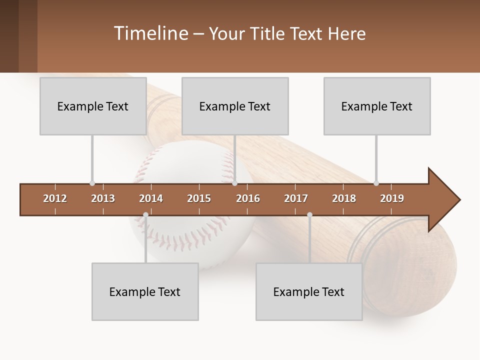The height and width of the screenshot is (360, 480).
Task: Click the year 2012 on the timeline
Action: [55, 198]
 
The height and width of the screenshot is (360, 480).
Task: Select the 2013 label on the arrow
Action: [103, 198]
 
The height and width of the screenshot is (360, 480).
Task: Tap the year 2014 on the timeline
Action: [151, 198]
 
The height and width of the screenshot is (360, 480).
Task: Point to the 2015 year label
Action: [199, 198]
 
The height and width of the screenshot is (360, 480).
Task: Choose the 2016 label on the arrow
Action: [248, 198]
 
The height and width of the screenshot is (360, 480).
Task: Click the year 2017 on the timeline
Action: [296, 198]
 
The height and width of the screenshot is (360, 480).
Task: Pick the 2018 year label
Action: [344, 198]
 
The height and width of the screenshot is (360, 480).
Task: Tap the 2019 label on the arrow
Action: [392, 198]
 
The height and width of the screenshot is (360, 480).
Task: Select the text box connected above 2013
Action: [93, 106]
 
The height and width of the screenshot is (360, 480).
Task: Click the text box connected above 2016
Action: [235, 106]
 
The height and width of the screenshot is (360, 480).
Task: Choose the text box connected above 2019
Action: [377, 106]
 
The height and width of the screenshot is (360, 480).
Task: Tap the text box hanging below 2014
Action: [145, 291]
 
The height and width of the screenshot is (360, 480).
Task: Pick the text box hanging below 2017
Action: [309, 291]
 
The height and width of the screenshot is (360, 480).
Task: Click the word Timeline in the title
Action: [150, 33]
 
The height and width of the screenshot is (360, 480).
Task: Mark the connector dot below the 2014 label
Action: [145, 215]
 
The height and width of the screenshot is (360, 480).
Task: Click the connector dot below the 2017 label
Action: [309, 215]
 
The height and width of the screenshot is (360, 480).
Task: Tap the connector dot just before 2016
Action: [234, 183]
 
